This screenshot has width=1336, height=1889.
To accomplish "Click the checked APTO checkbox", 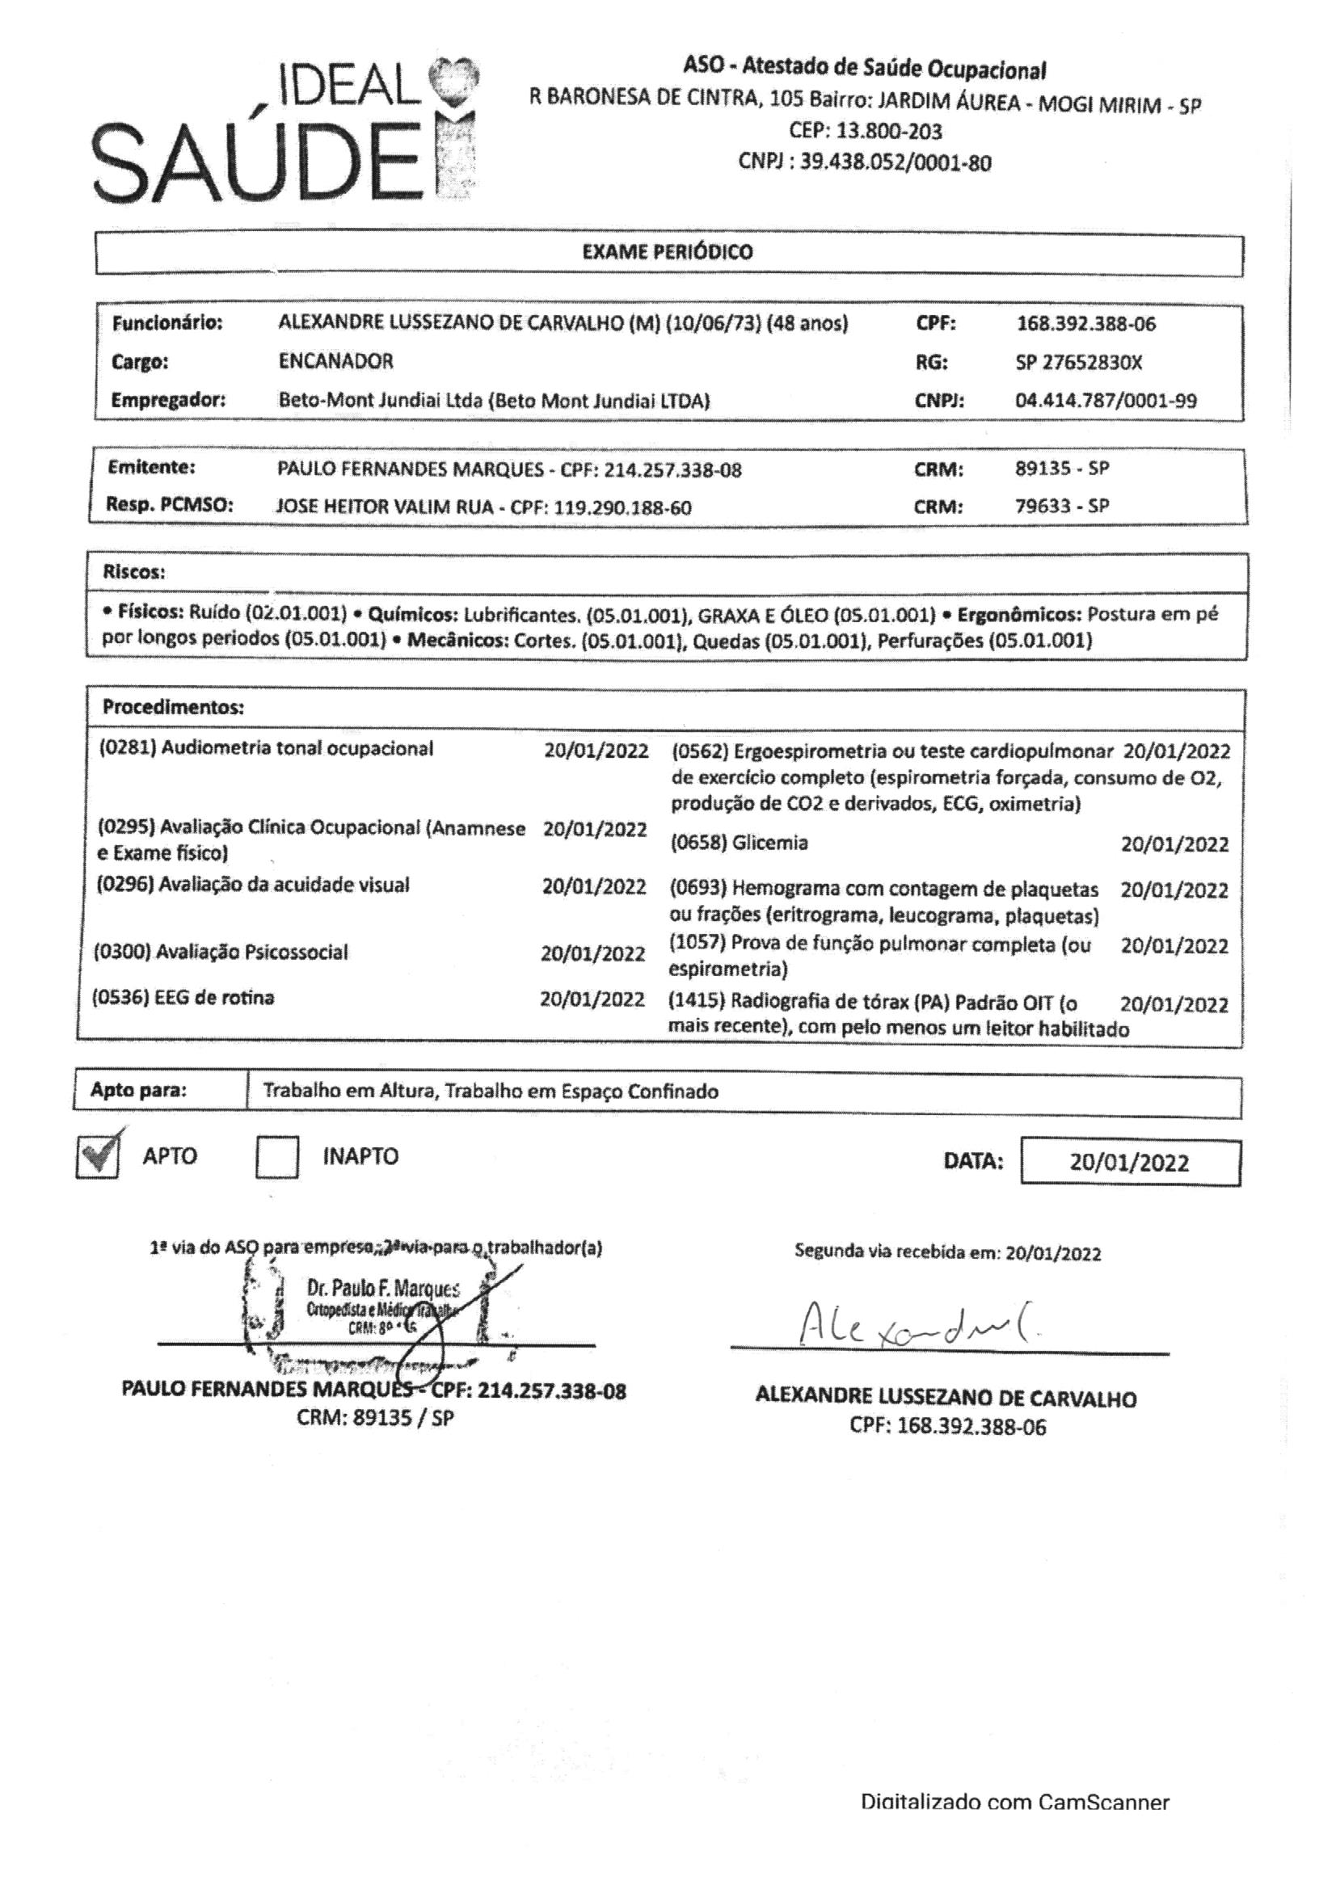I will (97, 1156).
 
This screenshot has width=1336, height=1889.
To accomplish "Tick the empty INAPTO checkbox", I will (276, 1157).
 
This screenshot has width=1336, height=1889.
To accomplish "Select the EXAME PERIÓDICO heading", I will (667, 253).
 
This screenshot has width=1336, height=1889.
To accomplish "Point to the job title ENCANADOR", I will (336, 361).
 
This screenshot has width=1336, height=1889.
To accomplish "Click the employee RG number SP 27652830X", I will (1078, 363).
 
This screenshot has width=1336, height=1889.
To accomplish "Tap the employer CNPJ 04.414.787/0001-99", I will (1106, 402).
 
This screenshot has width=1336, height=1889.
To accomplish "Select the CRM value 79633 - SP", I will (1062, 506).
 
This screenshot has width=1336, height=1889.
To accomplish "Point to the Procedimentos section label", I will (173, 707).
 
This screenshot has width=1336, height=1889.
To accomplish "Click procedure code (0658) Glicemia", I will (740, 843).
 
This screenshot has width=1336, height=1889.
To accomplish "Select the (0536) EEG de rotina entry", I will (183, 998).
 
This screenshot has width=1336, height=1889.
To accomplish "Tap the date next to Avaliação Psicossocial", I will (592, 953).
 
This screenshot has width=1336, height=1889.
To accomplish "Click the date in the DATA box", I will (1128, 1163).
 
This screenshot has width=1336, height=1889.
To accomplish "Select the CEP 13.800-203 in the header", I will (864, 132).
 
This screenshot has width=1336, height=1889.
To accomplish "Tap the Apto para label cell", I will (138, 1091).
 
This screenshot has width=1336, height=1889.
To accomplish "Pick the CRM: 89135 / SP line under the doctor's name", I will (374, 1418).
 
